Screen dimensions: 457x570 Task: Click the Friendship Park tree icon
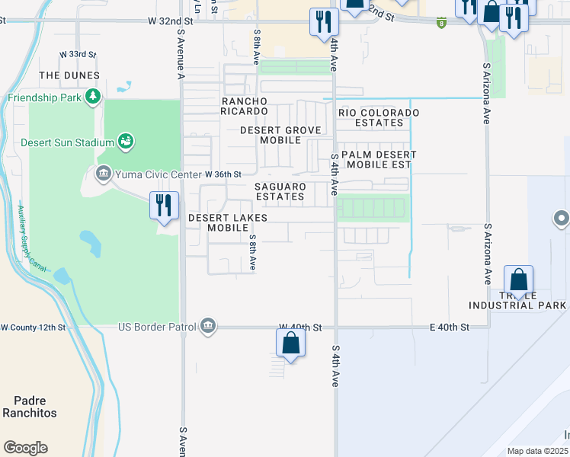coord(93,96)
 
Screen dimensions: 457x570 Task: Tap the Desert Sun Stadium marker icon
coord(126,141)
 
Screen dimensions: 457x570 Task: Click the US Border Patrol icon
coord(207,327)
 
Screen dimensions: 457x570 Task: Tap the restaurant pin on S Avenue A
coord(164,206)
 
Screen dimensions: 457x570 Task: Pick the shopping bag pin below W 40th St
coord(290,342)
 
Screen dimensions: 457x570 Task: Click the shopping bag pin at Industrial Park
coord(518,280)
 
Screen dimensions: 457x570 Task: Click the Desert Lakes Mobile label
coord(228,222)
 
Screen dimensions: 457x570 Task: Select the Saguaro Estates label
coord(280,191)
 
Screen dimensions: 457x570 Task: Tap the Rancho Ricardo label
coord(245,107)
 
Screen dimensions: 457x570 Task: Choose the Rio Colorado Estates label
coord(379,117)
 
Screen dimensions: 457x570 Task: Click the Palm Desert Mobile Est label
coord(377,158)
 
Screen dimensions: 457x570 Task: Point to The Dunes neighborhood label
coord(69,75)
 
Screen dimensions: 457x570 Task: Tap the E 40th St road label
coord(449,327)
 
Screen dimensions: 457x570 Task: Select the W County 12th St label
coord(34,327)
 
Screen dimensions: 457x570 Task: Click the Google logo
coord(25,447)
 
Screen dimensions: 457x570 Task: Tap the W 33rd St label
coord(78,55)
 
